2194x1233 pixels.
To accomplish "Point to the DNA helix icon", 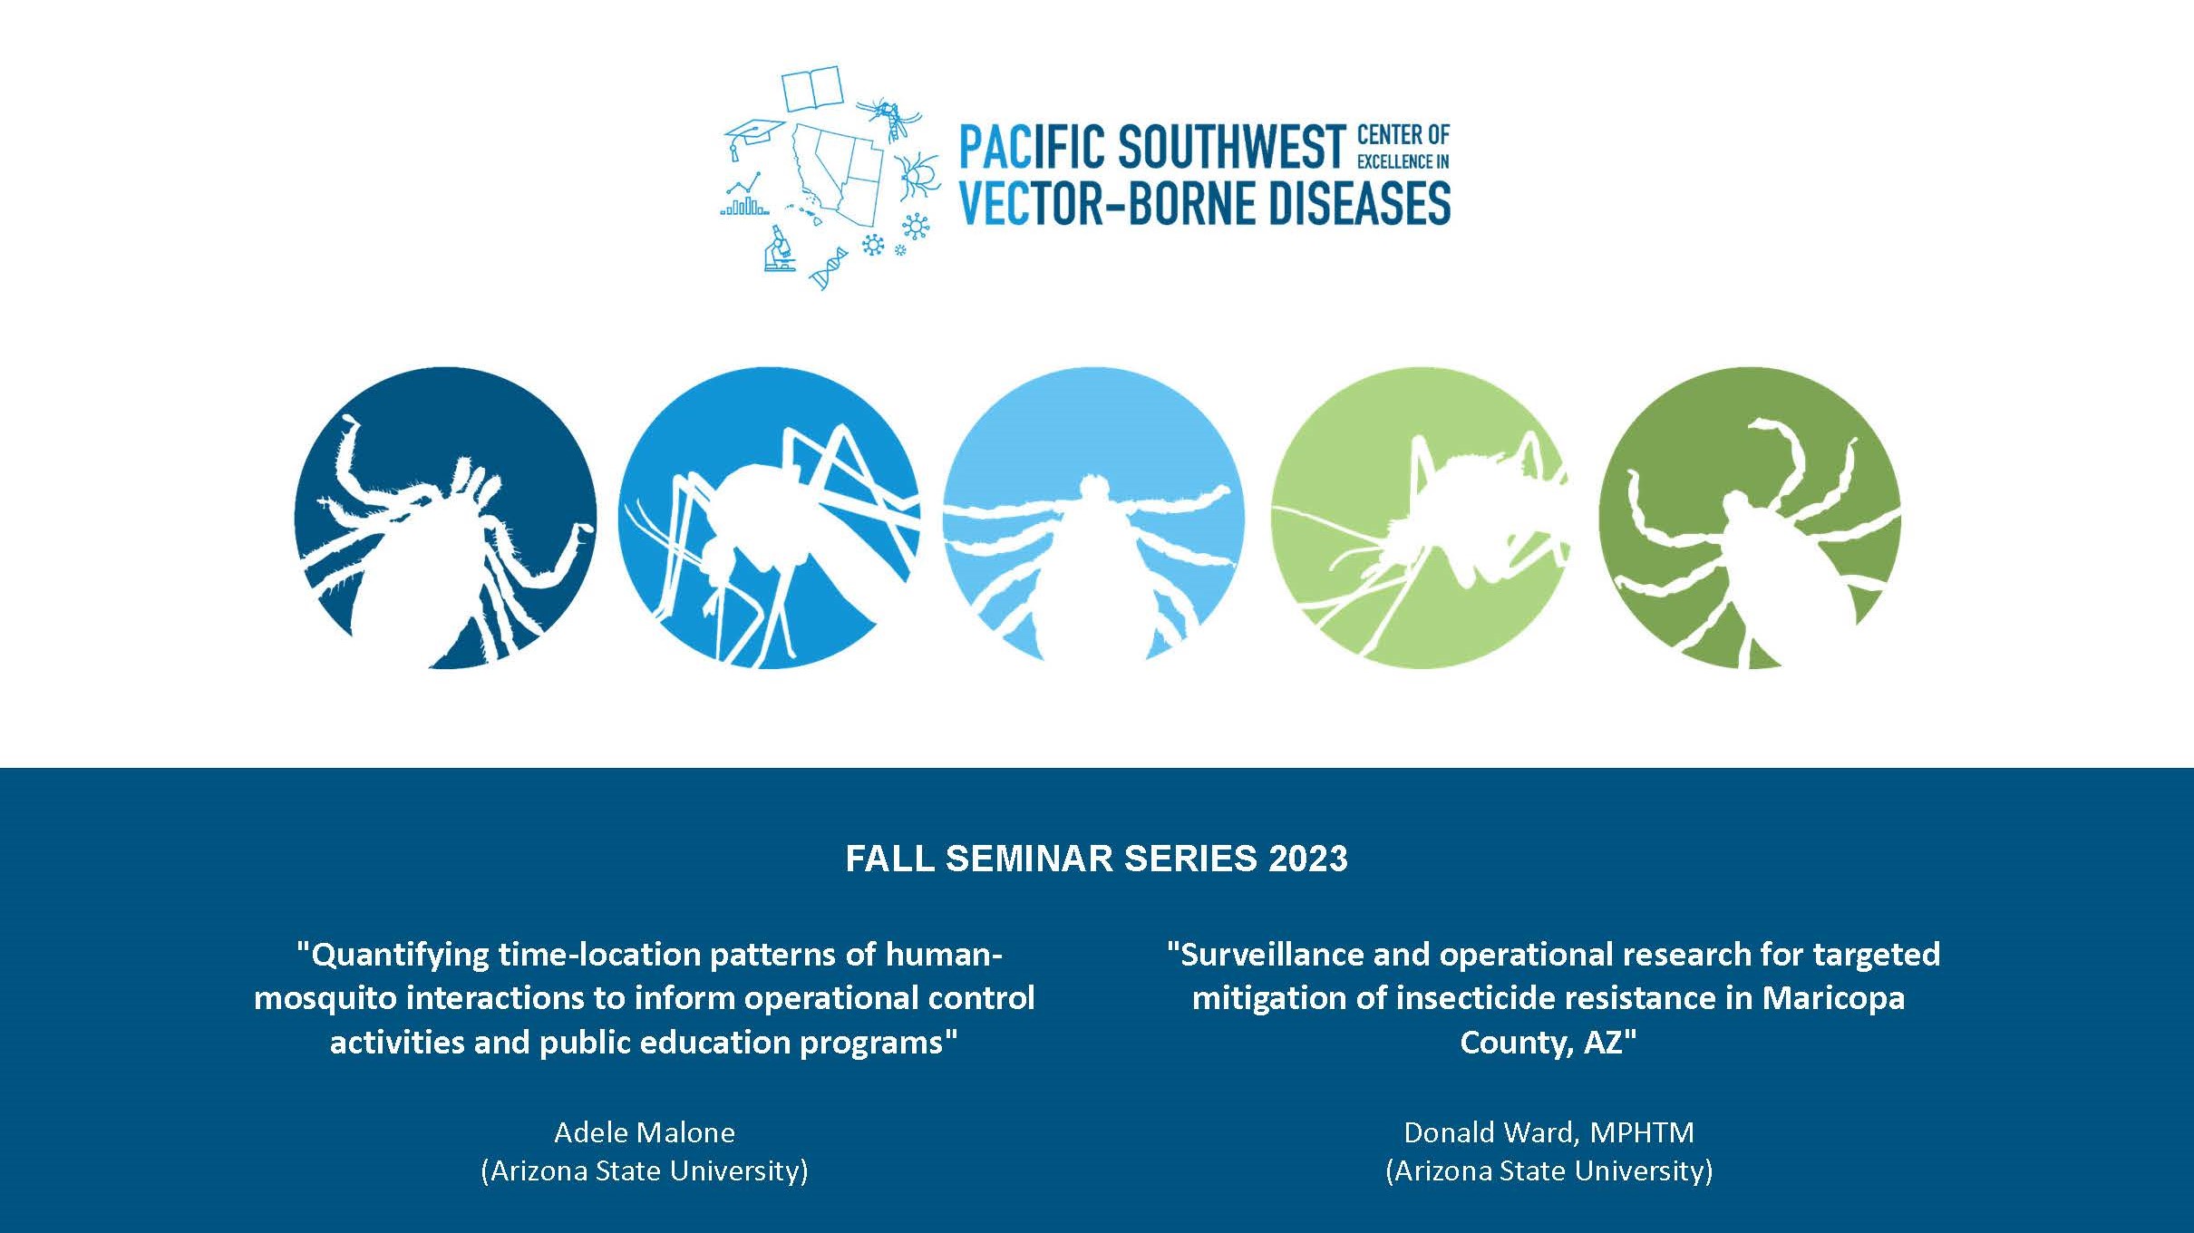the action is click(829, 267).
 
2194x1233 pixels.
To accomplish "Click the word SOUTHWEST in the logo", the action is click(1231, 147).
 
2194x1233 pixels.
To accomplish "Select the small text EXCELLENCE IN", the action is click(1403, 161).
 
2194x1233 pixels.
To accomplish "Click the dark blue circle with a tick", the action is click(445, 518).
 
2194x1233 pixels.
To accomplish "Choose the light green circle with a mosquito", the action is click(1420, 518).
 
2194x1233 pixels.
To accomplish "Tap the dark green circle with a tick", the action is click(1749, 518).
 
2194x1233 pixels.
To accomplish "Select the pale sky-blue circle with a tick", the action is click(1093, 518).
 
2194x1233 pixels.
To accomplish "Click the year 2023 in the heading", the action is click(1307, 859).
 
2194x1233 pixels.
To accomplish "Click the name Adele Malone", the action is click(645, 1132).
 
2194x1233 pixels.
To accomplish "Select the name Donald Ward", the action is click(1490, 1132).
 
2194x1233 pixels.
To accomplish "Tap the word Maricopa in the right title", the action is click(1833, 999).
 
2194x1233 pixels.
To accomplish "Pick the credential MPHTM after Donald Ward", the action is click(1642, 1132).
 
